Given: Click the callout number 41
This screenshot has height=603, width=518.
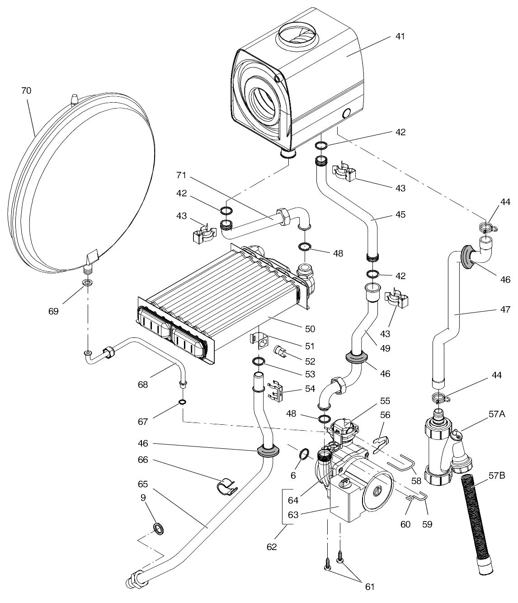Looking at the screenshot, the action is (x=400, y=37).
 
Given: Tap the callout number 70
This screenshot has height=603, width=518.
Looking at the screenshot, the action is (x=26, y=91).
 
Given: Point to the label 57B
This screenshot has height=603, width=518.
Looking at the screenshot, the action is (x=497, y=475).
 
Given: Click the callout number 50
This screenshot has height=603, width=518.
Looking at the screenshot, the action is (x=310, y=329).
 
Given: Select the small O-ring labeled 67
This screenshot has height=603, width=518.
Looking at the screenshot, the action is (x=183, y=403).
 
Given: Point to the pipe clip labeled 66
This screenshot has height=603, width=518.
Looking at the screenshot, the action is (x=228, y=486).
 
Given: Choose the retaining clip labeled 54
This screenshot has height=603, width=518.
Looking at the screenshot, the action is (x=275, y=391).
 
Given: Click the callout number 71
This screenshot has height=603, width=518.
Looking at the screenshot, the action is (x=181, y=176).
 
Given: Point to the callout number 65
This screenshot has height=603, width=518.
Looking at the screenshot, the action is (x=143, y=484).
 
